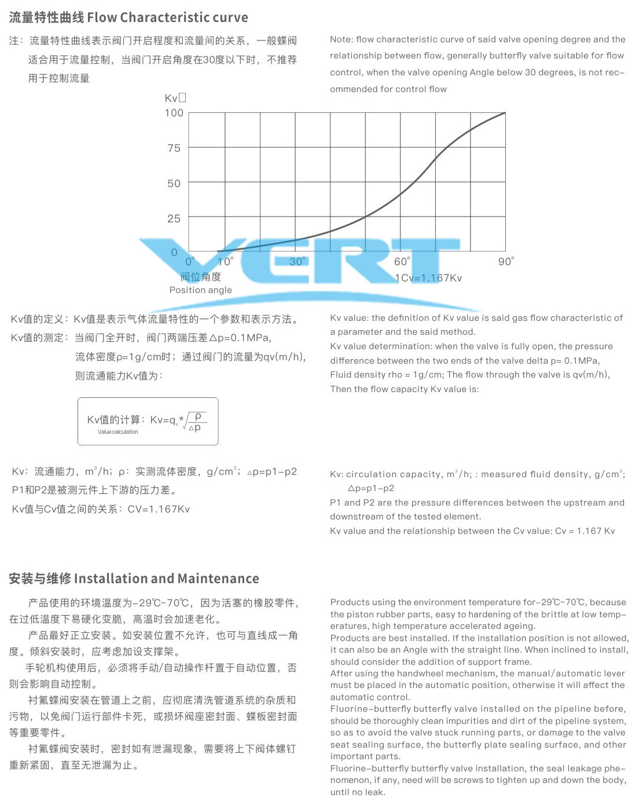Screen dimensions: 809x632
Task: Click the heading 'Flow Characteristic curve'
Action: (x=167, y=17)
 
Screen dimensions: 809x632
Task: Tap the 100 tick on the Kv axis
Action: (x=174, y=113)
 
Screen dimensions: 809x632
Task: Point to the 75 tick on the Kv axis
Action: (x=174, y=148)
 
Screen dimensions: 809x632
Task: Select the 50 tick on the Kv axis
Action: (x=174, y=184)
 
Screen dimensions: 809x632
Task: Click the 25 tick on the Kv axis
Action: (x=174, y=219)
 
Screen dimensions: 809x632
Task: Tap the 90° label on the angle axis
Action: (x=506, y=262)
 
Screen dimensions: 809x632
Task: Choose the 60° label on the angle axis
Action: (x=402, y=262)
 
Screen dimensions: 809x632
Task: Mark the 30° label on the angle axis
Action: (x=297, y=262)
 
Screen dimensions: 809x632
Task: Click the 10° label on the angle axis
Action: (x=226, y=262)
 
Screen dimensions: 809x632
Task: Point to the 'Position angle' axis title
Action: (x=200, y=290)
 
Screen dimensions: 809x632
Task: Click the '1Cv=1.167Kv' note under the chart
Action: (x=429, y=278)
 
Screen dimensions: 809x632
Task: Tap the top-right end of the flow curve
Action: (x=505, y=113)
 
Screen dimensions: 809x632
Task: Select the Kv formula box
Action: (x=148, y=421)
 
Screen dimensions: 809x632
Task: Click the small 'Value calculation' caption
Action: (x=117, y=432)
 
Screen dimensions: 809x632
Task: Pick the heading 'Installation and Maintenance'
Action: (x=167, y=579)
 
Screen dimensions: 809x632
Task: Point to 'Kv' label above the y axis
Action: (x=172, y=98)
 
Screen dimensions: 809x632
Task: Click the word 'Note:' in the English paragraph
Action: (x=341, y=39)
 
